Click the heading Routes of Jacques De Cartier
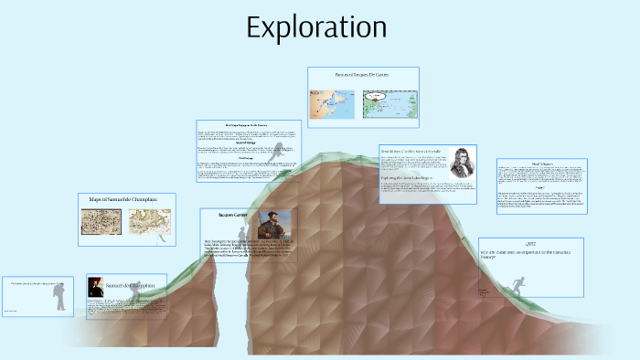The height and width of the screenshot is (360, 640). (x=363, y=74)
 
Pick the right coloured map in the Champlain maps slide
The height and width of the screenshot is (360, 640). (x=148, y=222)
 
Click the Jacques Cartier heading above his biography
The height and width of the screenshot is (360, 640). (x=233, y=215)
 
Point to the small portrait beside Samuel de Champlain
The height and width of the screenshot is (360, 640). (x=94, y=287)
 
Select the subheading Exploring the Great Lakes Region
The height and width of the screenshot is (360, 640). (x=413, y=176)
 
